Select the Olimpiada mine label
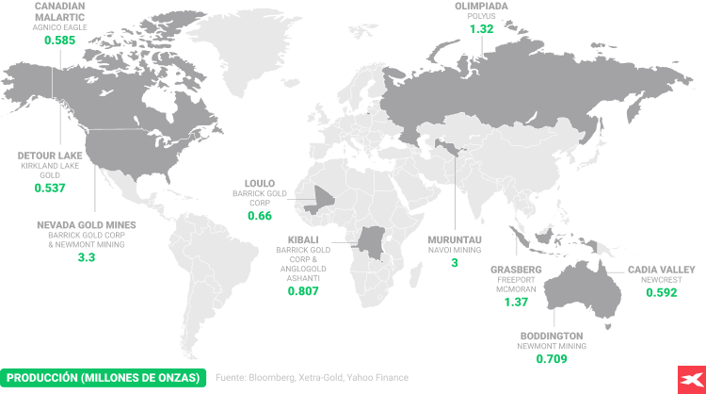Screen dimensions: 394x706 (482, 6)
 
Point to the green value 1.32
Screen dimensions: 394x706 (482, 29)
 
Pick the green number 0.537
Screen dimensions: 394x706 (50, 188)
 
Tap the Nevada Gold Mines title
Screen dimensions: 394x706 (87, 225)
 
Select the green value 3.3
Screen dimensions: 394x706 (87, 257)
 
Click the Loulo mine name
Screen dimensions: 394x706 (259, 183)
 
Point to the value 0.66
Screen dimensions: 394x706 (259, 216)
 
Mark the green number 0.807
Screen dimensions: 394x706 (302, 292)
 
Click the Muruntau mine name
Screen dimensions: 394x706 (455, 239)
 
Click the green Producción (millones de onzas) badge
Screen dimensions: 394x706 (104, 377)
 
